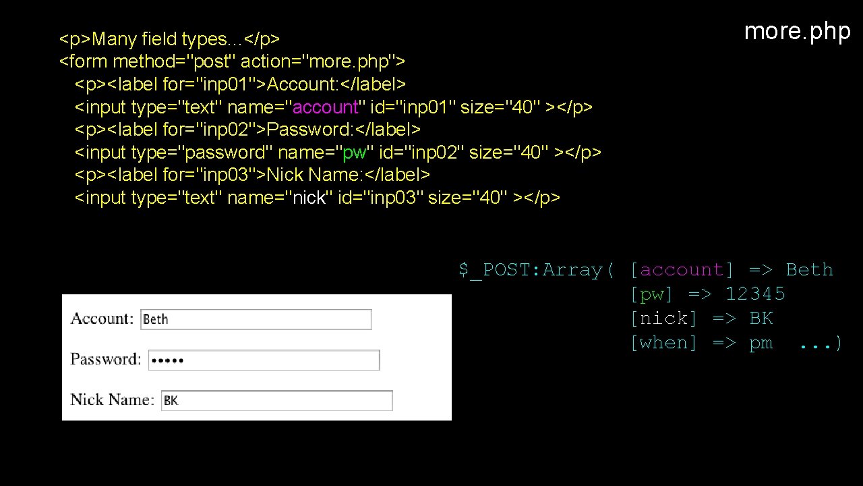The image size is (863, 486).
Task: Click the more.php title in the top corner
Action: (797, 31)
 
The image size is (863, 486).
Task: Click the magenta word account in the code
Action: (325, 107)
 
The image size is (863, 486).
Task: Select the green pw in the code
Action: (355, 153)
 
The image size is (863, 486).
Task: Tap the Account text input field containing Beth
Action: (256, 319)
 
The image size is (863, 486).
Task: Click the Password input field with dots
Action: (264, 360)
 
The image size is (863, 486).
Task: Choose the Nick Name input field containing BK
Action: (277, 400)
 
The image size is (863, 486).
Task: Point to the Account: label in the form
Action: (102, 319)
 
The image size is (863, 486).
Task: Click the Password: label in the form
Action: (106, 359)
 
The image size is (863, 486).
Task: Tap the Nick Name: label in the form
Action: (112, 400)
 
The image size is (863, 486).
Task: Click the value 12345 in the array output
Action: (755, 294)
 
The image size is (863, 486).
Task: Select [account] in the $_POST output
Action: (682, 270)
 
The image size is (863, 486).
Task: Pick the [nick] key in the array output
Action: (663, 319)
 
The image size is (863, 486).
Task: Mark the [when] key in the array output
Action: (663, 343)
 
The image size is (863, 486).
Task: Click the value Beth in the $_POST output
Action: (809, 270)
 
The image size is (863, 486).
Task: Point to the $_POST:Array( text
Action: (537, 270)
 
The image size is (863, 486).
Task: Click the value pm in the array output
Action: (761, 343)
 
